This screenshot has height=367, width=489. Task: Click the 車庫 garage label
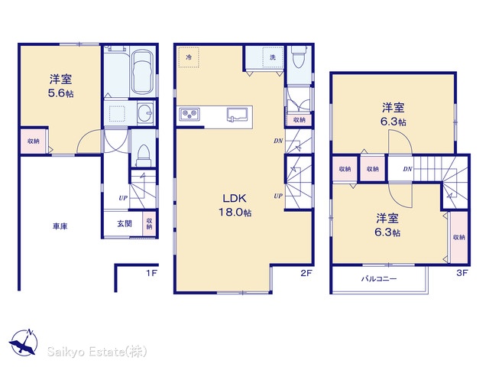[x=60, y=226]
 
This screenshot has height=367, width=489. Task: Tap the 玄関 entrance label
[x=125, y=223]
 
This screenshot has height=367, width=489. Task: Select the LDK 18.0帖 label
[x=235, y=205]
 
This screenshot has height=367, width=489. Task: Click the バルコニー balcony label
[x=379, y=278]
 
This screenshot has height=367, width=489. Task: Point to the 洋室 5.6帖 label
[x=61, y=86]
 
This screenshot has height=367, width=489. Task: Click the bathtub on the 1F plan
[x=142, y=72]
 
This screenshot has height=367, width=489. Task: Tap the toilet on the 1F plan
[x=144, y=156]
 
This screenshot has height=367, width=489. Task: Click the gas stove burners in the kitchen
[x=189, y=115]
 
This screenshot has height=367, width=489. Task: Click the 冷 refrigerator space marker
[x=189, y=57]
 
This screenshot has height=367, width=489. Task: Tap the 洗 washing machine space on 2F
[x=273, y=57]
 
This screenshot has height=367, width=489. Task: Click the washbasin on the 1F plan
[x=145, y=113]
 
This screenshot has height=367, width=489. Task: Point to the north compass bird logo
[x=24, y=342]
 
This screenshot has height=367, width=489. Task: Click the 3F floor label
[x=461, y=273]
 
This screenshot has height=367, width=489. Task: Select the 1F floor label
[x=151, y=273]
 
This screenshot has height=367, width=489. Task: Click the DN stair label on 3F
[x=407, y=169]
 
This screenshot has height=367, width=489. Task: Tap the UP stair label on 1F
[x=123, y=198]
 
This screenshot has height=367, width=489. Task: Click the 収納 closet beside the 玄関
[x=150, y=223]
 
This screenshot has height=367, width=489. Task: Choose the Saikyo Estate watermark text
[x=97, y=352]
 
